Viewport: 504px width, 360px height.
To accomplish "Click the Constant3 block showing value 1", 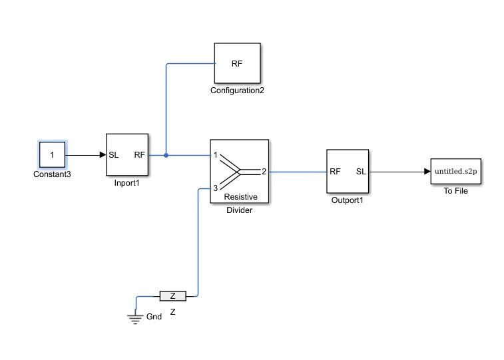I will click(53, 155).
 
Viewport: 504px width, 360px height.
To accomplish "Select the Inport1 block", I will click(126, 155).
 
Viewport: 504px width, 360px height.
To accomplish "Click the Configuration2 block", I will click(237, 64).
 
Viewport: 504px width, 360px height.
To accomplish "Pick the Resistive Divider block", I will click(239, 171).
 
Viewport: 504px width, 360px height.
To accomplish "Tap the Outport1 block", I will click(348, 171).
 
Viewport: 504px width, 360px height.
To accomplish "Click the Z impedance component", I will click(172, 295).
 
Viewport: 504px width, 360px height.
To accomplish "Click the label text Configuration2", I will click(237, 90).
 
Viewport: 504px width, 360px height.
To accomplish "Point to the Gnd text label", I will click(154, 317).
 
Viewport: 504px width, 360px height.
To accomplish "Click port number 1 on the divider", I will click(216, 155).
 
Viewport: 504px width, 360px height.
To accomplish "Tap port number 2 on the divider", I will click(264, 172).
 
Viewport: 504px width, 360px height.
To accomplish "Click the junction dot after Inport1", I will click(166, 155).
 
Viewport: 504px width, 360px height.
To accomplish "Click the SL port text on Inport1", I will click(114, 155).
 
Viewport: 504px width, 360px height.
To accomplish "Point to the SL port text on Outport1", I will click(361, 172).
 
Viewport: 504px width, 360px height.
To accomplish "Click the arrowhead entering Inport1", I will click(103, 155).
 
